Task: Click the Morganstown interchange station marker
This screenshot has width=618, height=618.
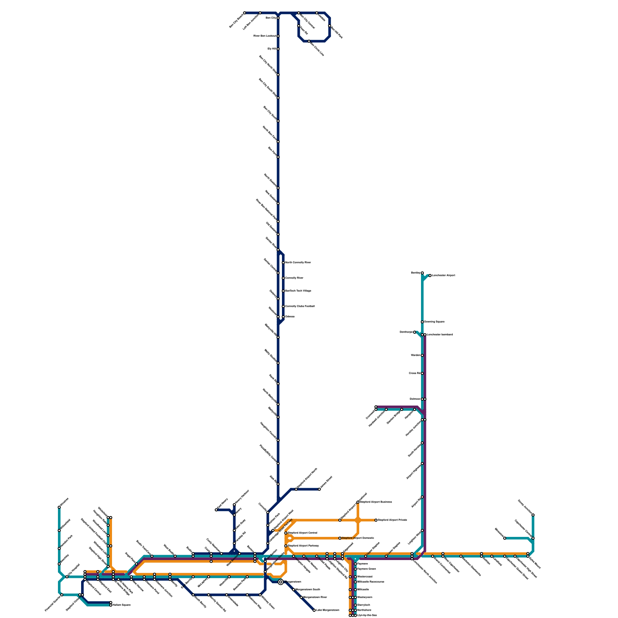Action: pos(281,582)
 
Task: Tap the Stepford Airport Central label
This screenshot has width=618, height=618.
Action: pos(302,533)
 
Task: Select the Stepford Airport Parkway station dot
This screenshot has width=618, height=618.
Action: pos(286,546)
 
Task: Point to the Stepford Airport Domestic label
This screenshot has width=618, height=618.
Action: pos(358,538)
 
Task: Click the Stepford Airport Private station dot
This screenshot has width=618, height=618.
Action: pos(376,520)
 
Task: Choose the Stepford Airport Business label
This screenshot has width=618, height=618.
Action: pos(376,502)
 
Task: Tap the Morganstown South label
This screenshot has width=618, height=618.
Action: pos(308,590)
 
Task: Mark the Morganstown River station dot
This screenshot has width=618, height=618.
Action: pos(301,598)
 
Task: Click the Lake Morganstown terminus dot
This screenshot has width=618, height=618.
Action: pos(314,610)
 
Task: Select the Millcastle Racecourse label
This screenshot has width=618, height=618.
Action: pos(371,582)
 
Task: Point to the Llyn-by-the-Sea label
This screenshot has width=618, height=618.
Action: pos(367,615)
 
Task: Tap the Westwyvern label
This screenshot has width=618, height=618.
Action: pos(365,598)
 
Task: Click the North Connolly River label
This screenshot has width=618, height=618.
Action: pos(298,263)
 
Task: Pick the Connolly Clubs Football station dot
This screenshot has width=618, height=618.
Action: pos(283,306)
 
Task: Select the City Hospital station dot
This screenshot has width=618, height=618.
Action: pos(67,577)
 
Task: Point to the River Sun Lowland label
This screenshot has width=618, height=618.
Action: pos(265,36)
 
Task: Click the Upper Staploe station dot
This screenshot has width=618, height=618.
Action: pos(366,556)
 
